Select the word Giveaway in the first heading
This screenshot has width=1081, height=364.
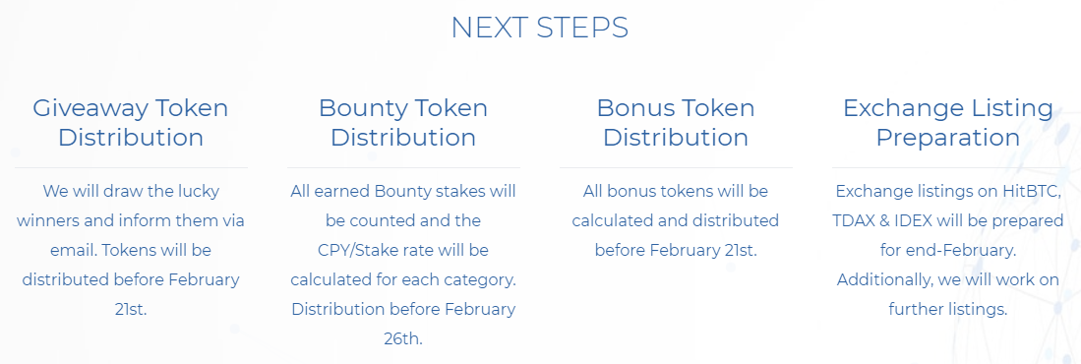click(90, 108)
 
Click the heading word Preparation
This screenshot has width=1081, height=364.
click(948, 137)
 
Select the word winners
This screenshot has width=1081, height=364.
click(45, 220)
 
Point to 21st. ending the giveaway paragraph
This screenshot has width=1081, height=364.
click(131, 310)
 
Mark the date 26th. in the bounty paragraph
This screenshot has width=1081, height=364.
click(403, 339)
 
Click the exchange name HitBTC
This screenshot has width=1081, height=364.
click(1033, 191)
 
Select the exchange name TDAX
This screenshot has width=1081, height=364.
click(855, 220)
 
